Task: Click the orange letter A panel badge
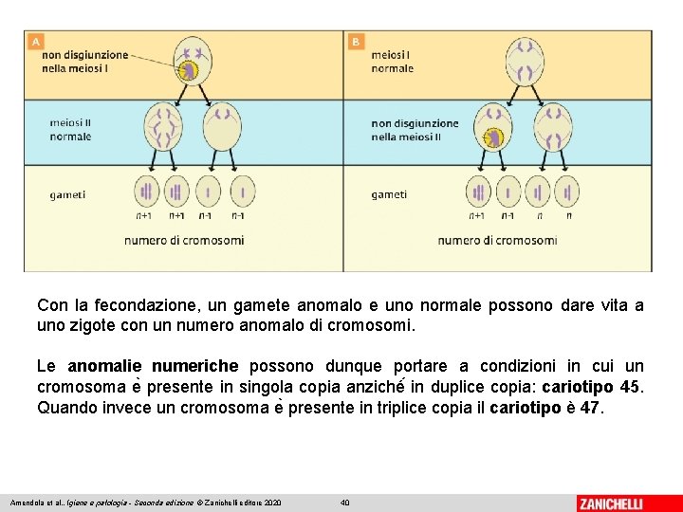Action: (36, 42)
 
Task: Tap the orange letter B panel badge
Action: (356, 42)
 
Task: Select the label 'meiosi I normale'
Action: (393, 62)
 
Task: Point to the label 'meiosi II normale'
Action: (70, 130)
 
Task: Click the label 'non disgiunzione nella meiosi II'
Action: (415, 130)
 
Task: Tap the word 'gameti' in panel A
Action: (67, 195)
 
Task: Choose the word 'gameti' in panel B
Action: (389, 195)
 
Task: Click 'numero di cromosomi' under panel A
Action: (184, 240)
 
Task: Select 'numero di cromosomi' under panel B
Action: (497, 240)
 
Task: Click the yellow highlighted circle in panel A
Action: (189, 70)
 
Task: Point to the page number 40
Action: (345, 502)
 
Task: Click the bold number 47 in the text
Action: (589, 409)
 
